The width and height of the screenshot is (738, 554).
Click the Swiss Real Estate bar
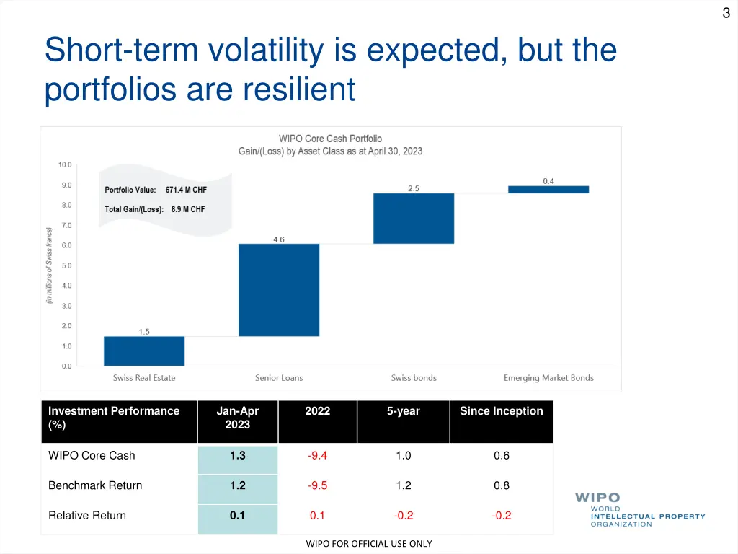pos(144,351)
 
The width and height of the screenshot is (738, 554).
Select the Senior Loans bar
pos(279,290)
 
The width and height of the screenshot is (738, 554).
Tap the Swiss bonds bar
pos(414,219)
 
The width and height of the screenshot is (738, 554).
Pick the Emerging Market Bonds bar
pos(548,190)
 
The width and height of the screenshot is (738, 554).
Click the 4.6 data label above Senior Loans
pos(279,239)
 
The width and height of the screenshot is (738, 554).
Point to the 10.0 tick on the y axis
pos(65,165)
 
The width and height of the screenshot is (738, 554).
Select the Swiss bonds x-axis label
pos(414,378)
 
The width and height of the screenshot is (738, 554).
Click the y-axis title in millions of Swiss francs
pos(49,265)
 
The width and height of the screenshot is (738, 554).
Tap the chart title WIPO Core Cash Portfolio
pos(330,138)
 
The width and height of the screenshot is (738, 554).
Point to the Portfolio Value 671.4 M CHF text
pos(156,190)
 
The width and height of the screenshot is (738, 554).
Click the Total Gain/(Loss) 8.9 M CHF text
pos(154,210)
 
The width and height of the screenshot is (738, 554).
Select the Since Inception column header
pos(501,411)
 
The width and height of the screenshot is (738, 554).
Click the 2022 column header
pos(317,411)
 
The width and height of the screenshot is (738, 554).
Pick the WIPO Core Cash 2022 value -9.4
pos(317,456)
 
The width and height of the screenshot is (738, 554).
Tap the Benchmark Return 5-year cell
pos(404,486)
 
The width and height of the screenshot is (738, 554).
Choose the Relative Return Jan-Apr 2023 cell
pos(237,516)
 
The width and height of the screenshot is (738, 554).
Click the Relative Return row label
pos(87,516)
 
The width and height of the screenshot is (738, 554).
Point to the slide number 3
pos(726,13)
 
